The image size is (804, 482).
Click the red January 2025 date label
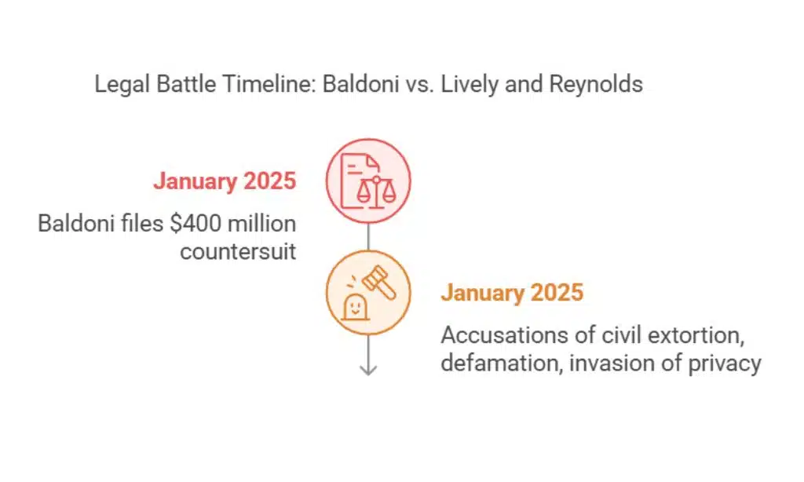coord(225,181)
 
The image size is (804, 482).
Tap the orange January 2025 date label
coord(512,293)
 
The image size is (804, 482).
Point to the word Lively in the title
coord(469,84)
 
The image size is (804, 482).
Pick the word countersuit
coord(238,251)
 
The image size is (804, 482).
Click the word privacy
coord(722,363)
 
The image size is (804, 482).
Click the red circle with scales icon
coord(368,181)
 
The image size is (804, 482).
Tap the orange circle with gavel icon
coord(368,293)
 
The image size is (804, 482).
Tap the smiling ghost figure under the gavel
coord(356,308)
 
